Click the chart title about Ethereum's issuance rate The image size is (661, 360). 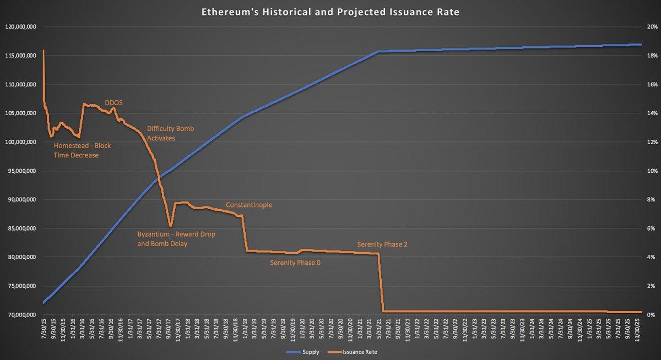(x=330, y=12)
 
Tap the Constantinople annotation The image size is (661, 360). (x=249, y=205)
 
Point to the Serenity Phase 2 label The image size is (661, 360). (x=382, y=244)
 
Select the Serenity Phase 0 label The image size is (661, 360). (x=295, y=263)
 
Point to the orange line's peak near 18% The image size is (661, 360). (x=43, y=51)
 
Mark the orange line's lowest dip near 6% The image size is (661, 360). (x=171, y=226)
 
